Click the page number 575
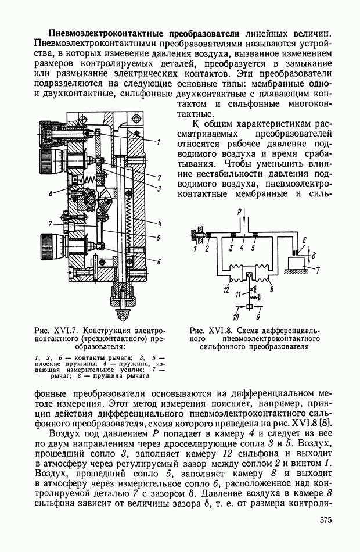coord(327,521)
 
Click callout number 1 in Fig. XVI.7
coord(158,141)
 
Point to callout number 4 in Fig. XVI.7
coord(159,223)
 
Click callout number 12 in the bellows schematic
coord(226,288)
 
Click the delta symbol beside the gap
coord(314,254)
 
